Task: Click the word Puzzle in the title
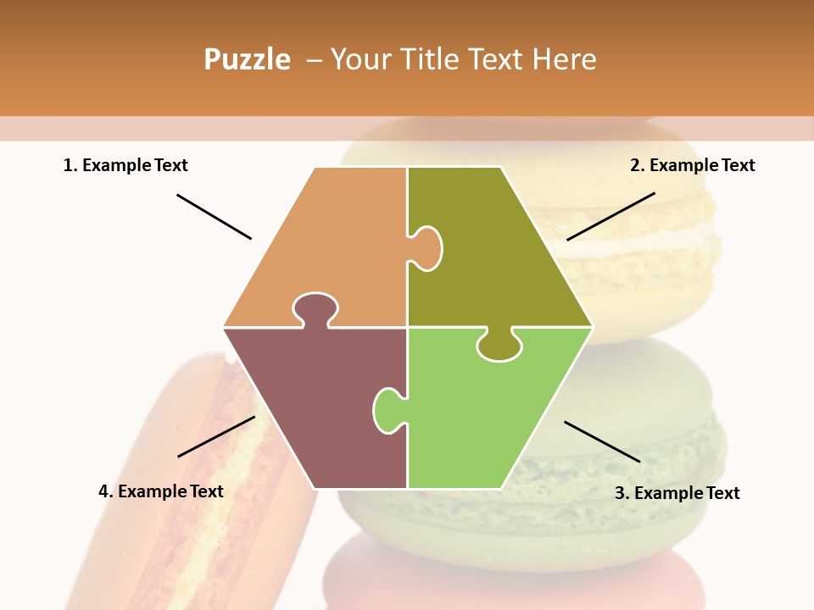tap(247, 59)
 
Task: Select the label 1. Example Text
tap(125, 165)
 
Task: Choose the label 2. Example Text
tap(692, 165)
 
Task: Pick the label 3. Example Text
tap(677, 493)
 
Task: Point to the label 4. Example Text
tap(161, 491)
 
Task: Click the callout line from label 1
tap(214, 216)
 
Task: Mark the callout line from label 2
tap(610, 216)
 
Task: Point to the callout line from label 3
tap(602, 441)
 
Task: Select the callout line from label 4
tap(216, 436)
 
